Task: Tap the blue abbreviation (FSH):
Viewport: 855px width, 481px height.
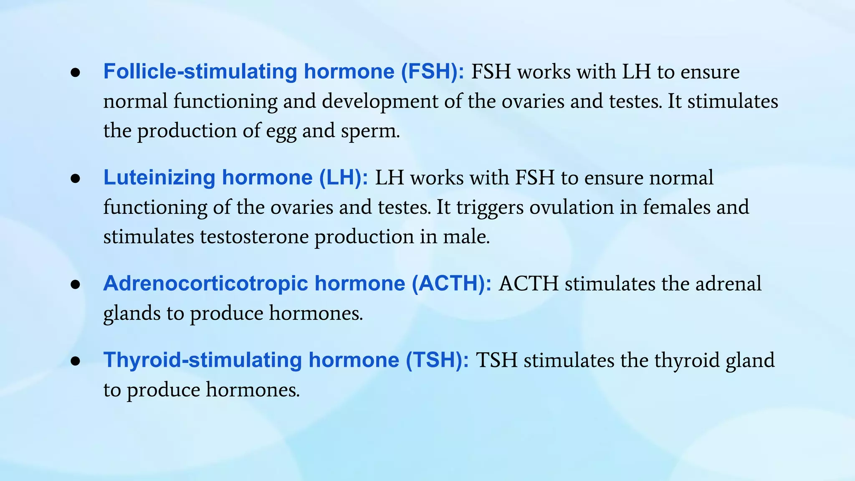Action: coord(432,72)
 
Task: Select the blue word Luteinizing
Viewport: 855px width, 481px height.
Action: coord(159,177)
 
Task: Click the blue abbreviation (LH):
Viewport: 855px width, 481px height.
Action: coord(344,177)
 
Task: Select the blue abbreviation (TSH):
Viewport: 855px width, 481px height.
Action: coord(438,360)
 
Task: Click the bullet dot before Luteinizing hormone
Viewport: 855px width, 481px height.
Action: coord(76,179)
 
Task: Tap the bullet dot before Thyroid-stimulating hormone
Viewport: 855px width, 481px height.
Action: coord(76,362)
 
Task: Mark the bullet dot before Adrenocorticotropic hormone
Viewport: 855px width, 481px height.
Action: coord(76,285)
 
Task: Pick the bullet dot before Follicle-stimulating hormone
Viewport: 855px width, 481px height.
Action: coord(76,73)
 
